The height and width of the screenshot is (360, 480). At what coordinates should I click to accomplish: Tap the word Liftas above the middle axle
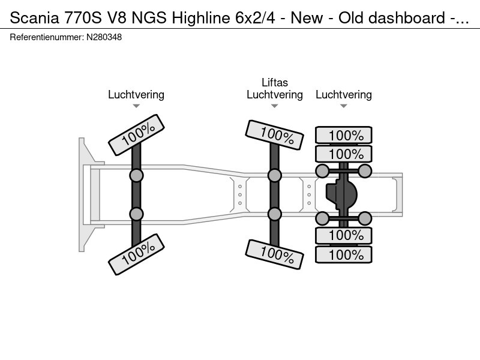coord(275,83)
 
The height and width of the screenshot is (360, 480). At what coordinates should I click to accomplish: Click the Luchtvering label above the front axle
coord(136,95)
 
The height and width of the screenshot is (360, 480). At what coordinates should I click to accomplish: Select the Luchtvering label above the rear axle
coord(343,95)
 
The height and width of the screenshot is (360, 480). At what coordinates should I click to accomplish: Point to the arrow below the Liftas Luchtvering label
coord(275,107)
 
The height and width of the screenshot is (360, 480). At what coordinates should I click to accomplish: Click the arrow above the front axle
coord(136,107)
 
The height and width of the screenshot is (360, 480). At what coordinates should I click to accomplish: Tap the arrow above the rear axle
coord(343,107)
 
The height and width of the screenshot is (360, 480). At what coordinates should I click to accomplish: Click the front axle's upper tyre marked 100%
coord(136,134)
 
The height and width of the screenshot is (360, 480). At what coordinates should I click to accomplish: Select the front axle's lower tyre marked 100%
coord(136,254)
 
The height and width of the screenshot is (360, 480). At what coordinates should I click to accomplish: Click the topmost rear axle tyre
coord(344,135)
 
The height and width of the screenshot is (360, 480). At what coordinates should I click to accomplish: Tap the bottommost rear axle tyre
coord(344,255)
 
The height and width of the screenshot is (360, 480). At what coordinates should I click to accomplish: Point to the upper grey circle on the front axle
coord(136,175)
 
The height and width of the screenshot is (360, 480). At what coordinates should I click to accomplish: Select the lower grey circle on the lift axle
coord(275,214)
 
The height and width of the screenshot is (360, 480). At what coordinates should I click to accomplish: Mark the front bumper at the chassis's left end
coord(83,195)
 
